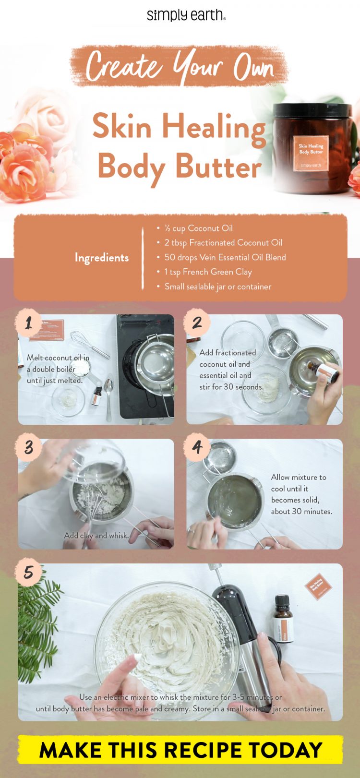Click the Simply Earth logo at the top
point(186,15)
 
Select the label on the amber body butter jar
point(311,153)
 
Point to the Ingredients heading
point(102,258)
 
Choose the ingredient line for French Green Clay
point(207,272)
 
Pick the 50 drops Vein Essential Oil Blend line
point(225,257)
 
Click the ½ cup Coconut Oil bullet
point(198,228)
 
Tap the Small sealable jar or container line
point(217,287)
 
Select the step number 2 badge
point(197,323)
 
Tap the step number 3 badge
point(29,447)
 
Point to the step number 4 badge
point(197,447)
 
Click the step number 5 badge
point(29,572)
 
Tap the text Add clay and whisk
point(96,535)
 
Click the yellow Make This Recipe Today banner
point(180,750)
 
